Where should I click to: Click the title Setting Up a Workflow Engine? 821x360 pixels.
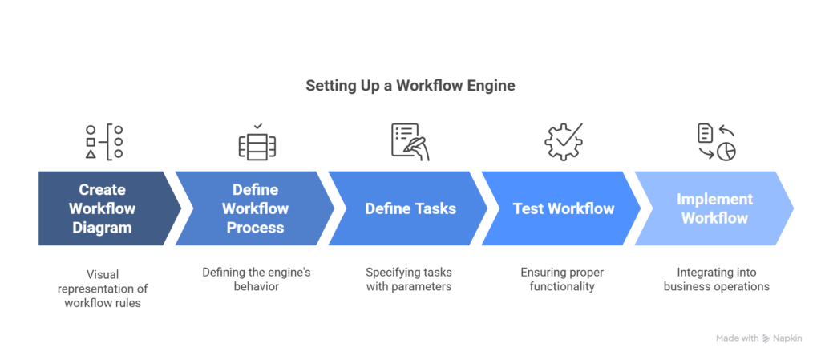click(410, 86)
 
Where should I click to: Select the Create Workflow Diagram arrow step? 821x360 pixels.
click(103, 208)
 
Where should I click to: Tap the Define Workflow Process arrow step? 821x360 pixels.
click(255, 208)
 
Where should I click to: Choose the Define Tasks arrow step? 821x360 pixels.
click(410, 208)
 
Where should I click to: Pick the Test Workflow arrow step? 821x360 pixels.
click(563, 208)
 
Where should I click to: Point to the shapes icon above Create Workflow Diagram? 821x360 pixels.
click(104, 142)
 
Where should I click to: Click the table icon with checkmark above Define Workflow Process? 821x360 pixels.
click(257, 142)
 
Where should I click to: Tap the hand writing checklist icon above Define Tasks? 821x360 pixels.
click(410, 142)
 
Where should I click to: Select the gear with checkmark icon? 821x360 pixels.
click(564, 142)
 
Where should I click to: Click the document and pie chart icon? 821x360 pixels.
click(716, 142)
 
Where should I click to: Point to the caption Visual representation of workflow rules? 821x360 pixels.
click(103, 288)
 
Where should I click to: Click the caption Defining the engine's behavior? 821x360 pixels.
click(256, 280)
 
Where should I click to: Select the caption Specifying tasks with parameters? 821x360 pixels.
click(410, 280)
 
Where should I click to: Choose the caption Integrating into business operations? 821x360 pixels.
click(716, 280)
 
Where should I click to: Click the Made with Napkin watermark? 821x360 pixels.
click(758, 338)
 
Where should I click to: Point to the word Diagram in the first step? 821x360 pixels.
click(103, 228)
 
